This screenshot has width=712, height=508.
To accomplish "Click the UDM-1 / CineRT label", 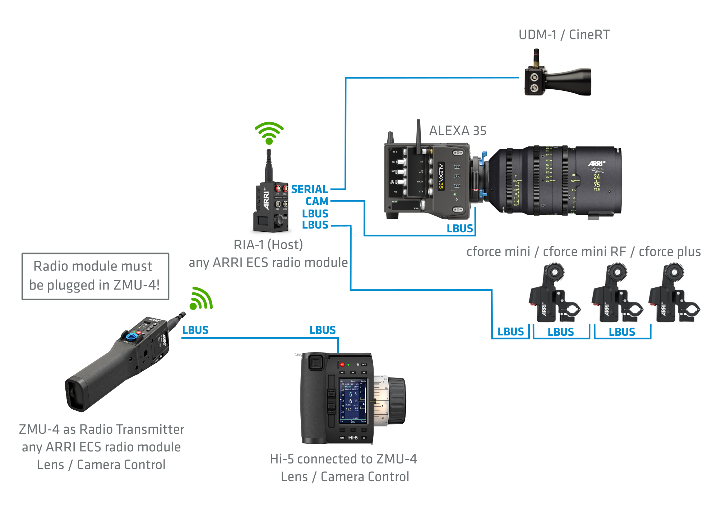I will (564, 35).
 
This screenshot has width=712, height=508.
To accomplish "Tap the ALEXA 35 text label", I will (458, 131).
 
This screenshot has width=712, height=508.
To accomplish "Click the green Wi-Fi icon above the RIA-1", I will (269, 133).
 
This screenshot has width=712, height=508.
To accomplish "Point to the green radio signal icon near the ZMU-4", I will (202, 298).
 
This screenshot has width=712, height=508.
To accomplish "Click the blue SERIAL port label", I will (309, 189).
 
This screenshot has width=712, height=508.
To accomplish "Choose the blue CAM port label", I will (317, 201).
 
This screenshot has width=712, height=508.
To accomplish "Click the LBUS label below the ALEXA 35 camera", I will (459, 229).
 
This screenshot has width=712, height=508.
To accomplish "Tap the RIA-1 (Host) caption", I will (268, 245).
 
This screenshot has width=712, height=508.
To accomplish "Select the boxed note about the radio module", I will (95, 276).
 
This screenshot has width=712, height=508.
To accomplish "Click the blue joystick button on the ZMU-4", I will (131, 336).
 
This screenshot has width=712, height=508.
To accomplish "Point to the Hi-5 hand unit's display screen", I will (353, 401).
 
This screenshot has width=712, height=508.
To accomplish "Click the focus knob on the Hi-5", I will (395, 400).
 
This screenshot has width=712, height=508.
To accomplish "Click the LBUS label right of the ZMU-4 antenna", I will (195, 330).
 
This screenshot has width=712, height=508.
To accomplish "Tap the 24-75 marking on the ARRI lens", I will (596, 181).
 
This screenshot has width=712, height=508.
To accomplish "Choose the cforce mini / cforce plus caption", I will (583, 252).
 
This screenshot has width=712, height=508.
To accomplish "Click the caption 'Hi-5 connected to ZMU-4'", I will (343, 459).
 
